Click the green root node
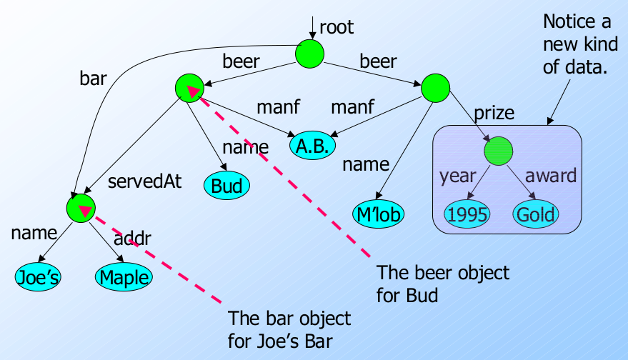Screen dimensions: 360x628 pyautogui.click(x=310, y=53)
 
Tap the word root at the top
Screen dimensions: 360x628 pyautogui.click(x=337, y=28)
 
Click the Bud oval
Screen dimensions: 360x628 pyautogui.click(x=227, y=186)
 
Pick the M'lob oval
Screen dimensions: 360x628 pyautogui.click(x=378, y=213)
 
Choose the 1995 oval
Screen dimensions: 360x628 pyautogui.click(x=467, y=214)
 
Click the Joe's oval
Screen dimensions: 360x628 pyautogui.click(x=36, y=276)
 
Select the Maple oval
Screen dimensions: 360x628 pyautogui.click(x=123, y=276)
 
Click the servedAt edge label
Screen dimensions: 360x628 pyautogui.click(x=144, y=181)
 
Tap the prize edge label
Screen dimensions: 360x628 pyautogui.click(x=494, y=112)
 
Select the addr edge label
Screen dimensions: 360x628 pyautogui.click(x=133, y=239)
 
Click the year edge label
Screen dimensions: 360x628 pyautogui.click(x=458, y=176)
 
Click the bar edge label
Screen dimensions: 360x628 pyautogui.click(x=93, y=78)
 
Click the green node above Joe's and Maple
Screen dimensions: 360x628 pyautogui.click(x=80, y=208)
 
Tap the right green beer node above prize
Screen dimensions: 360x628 pyautogui.click(x=434, y=87)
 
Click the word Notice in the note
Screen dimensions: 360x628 pyautogui.click(x=564, y=21)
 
